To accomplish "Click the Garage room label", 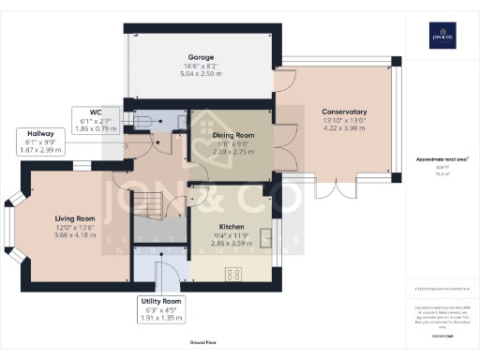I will tap(197, 55).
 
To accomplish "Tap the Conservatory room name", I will tap(337, 112).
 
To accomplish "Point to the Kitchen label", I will tap(232, 227).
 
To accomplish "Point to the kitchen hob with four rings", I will tap(233, 274).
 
